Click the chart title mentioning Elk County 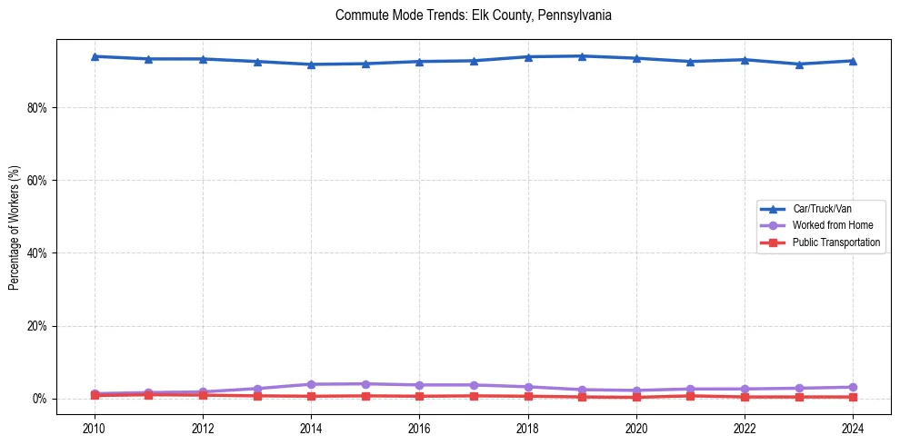point(473,15)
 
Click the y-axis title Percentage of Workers point(15,227)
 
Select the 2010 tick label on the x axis point(95,427)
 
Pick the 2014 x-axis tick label point(311,427)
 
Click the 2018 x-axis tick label point(528,427)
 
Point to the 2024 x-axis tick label point(853,427)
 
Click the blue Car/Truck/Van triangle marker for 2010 point(95,56)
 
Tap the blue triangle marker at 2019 point(582,56)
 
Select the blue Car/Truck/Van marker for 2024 point(853,61)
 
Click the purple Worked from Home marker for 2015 point(365,384)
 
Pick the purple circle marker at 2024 point(853,387)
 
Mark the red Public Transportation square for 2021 point(691,396)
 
